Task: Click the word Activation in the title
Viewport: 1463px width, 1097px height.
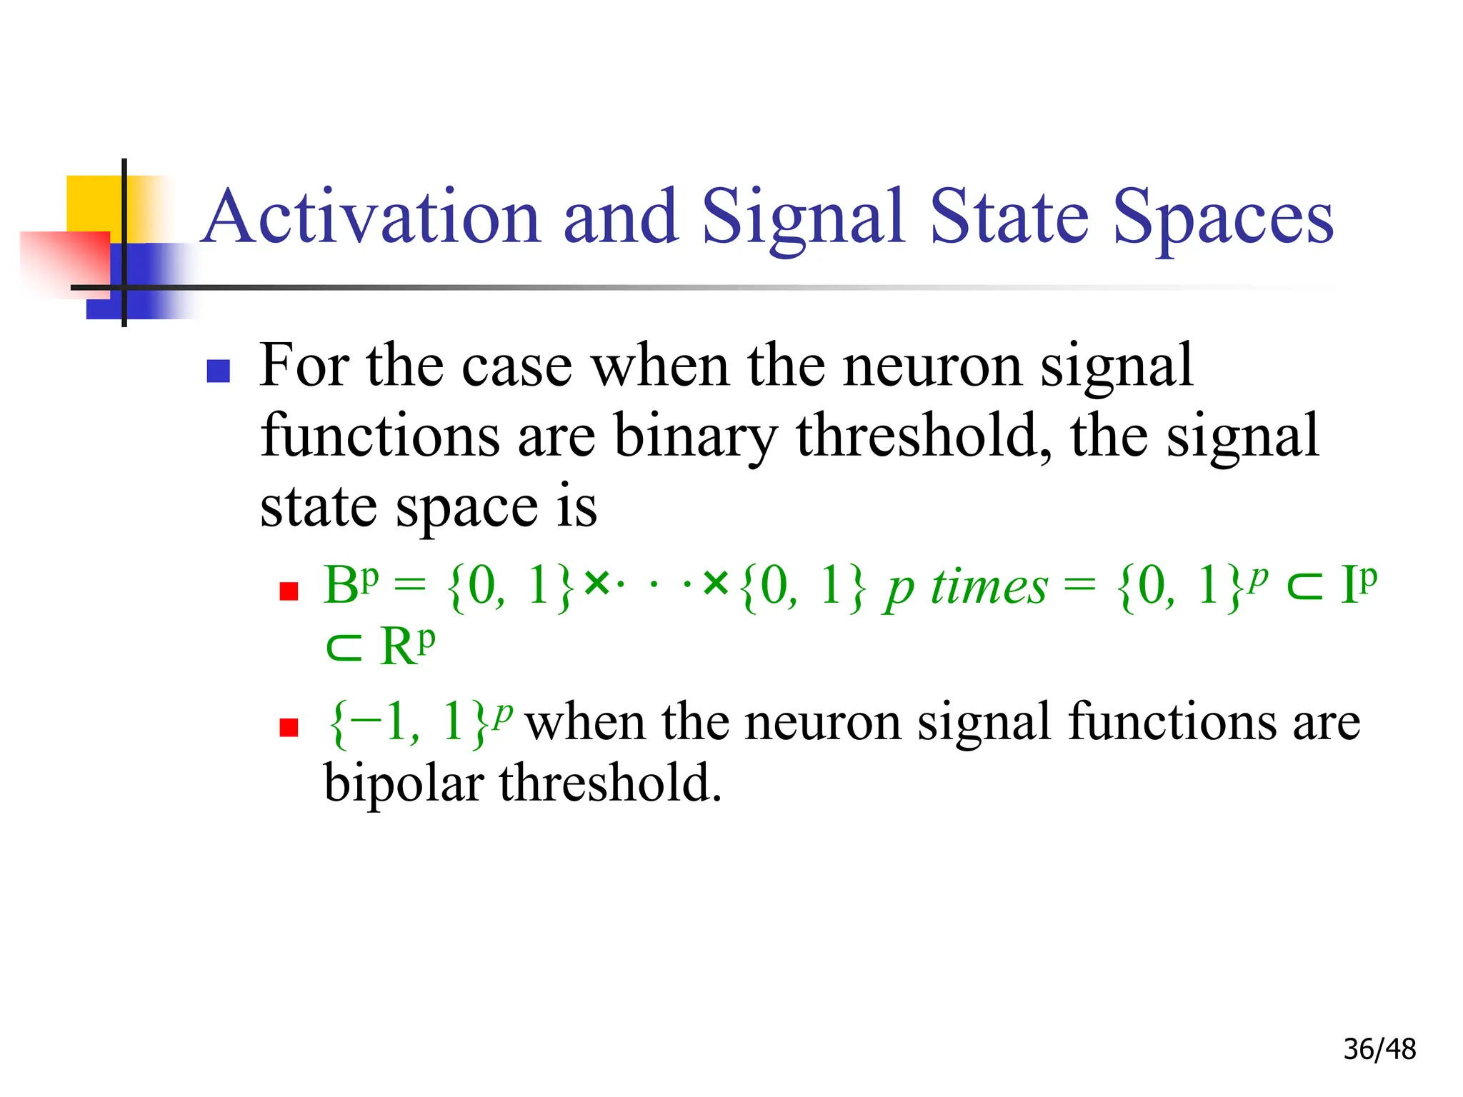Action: [x=371, y=216]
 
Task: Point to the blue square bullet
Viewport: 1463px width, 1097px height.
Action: [x=218, y=371]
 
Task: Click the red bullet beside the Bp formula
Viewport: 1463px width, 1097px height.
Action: [x=289, y=591]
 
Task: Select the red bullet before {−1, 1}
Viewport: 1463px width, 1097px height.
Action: [x=289, y=727]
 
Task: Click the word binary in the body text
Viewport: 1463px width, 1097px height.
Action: [x=695, y=436]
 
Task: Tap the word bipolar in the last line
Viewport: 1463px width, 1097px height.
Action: [x=404, y=784]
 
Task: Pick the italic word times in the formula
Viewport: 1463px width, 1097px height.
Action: [x=989, y=587]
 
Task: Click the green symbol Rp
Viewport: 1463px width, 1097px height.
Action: [x=407, y=646]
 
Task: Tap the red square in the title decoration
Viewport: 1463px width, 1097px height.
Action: [x=64, y=263]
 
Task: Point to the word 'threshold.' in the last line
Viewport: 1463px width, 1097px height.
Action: [x=611, y=784]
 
